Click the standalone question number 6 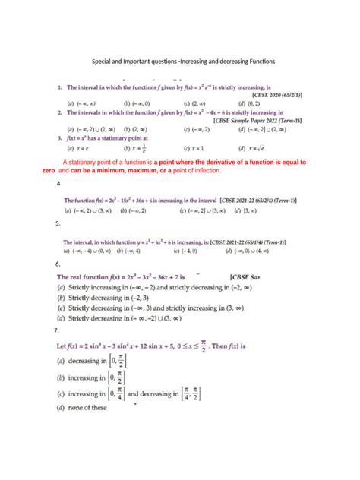pos(58,264)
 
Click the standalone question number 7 pos(58,331)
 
